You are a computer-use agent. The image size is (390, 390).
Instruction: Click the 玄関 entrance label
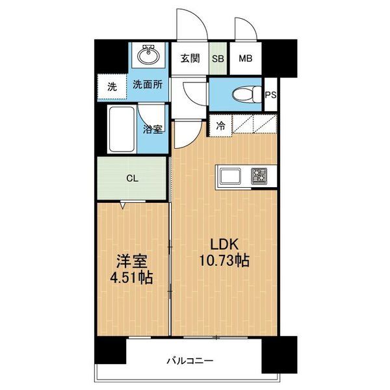[190, 58]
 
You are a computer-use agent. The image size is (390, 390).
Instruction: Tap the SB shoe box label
[218, 58]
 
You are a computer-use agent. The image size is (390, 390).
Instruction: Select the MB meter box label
[245, 58]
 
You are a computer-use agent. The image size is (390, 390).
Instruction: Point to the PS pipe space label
[272, 95]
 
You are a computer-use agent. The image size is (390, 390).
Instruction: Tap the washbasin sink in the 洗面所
[148, 56]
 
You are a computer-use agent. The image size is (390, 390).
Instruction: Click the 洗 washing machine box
[112, 85]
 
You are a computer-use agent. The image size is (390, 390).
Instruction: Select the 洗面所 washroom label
[148, 84]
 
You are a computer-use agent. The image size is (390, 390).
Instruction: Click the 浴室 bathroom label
[153, 128]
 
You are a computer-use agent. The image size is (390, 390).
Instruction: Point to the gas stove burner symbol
[261, 176]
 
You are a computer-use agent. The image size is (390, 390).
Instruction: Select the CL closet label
[132, 177]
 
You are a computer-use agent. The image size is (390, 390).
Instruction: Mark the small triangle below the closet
[122, 206]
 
